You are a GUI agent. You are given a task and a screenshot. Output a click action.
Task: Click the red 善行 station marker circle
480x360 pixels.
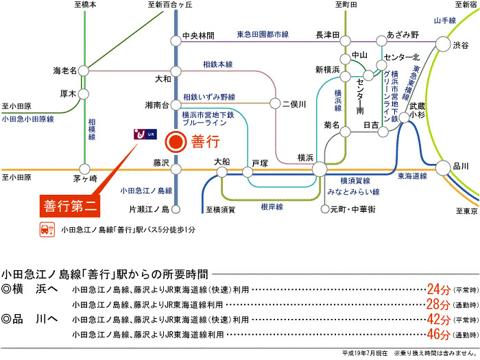tap(176, 142)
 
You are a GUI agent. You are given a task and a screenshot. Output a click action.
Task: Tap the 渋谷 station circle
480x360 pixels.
tap(443, 44)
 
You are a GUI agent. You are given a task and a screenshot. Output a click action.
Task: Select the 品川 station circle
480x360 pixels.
tap(443, 168)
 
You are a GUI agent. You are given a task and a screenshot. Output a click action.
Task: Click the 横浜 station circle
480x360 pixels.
tap(320, 169)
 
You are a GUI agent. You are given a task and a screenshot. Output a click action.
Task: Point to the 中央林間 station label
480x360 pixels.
tap(198, 36)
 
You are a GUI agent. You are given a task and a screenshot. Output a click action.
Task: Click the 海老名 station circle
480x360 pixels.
tap(84, 71)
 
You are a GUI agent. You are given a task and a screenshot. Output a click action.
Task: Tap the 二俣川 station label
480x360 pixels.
tap(294, 104)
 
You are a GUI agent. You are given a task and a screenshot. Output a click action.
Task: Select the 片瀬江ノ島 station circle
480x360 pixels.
tap(176, 209)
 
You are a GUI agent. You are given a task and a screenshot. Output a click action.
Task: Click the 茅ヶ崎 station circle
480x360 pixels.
tap(84, 169)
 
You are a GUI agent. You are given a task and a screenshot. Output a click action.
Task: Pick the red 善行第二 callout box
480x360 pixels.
tap(70, 206)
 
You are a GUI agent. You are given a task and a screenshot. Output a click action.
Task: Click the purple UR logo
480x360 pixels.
tap(145, 134)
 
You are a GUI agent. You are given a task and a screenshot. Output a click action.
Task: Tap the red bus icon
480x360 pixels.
tap(47, 230)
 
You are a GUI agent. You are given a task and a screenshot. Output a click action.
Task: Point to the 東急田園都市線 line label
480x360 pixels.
tap(263, 34)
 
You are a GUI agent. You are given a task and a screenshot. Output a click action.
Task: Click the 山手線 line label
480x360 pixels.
tap(445, 21)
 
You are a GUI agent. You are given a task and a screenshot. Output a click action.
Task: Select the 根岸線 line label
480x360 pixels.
tap(272, 207)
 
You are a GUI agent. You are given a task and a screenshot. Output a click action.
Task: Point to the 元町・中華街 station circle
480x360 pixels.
tap(325, 209)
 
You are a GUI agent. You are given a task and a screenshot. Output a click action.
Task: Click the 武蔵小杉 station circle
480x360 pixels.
tap(405, 117)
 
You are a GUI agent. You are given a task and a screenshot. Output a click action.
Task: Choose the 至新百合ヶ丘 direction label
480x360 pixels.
tap(170, 5)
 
